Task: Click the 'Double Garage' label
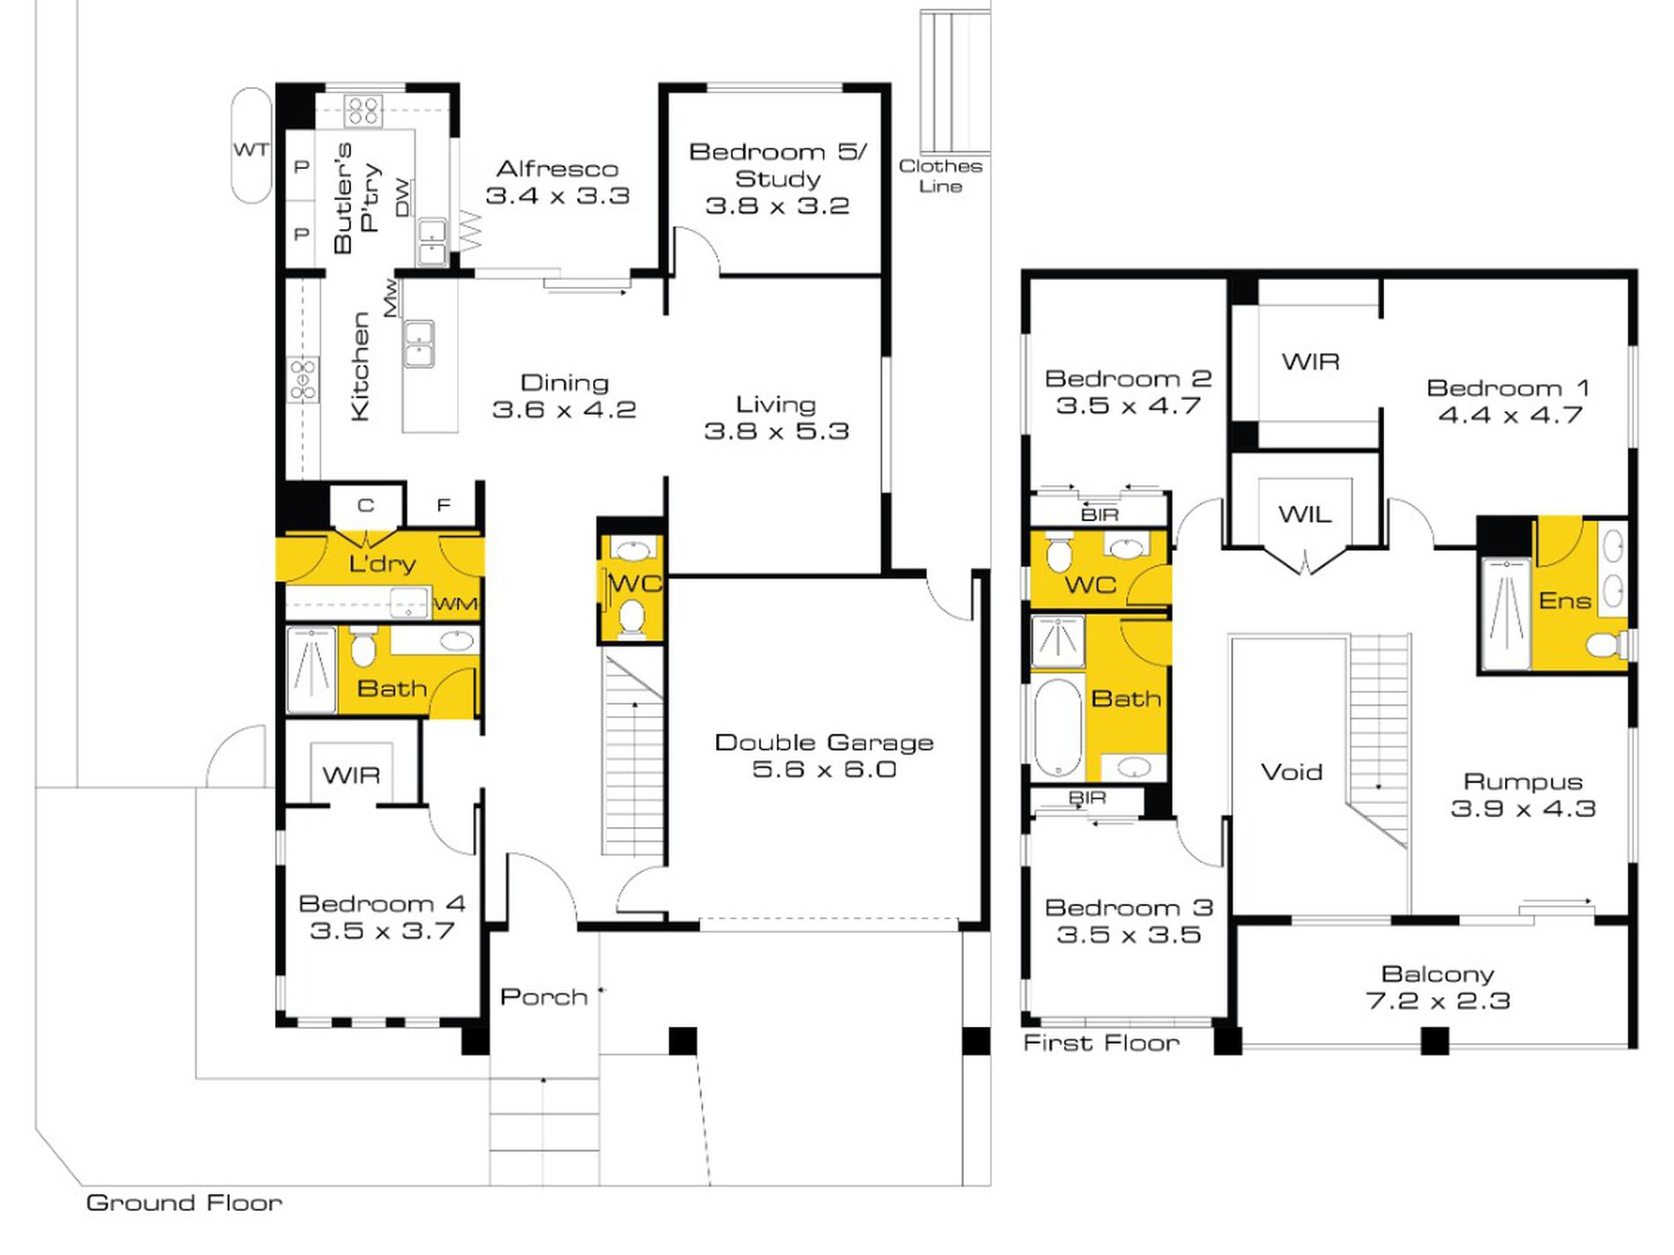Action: pos(824,742)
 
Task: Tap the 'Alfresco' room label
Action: pos(558,168)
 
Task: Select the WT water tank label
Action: pos(251,150)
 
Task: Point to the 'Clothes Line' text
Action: pos(940,175)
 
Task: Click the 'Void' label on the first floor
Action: pos(1292,771)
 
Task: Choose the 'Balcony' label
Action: pos(1438,974)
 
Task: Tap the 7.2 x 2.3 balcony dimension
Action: pos(1438,1000)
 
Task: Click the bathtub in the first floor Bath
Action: pos(1057,727)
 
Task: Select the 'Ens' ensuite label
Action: pos(1565,601)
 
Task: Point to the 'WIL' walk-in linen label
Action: pos(1305,514)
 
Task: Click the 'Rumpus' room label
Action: pos(1523,781)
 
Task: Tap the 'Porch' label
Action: pos(544,996)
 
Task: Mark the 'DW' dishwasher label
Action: pos(402,197)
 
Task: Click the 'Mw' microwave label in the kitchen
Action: pos(390,298)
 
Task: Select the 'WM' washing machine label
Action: pos(456,604)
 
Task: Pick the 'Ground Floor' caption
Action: pos(184,1202)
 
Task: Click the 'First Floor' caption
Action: pos(1101,1043)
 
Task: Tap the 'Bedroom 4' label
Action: pos(381,904)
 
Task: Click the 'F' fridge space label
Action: pos(444,505)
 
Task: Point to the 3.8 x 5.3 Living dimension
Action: pos(776,431)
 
